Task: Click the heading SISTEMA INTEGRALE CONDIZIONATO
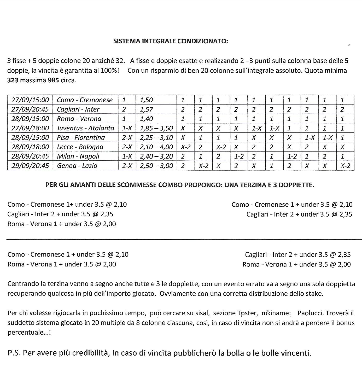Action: coord(171,41)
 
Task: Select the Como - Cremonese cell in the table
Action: coord(85,100)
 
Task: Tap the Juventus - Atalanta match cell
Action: coord(85,128)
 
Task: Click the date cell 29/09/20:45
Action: coord(30,166)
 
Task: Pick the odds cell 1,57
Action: coord(147,109)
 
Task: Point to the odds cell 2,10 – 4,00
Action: coord(156,147)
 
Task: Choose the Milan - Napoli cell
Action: coord(78,156)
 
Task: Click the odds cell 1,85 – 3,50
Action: coord(156,128)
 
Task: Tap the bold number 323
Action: coord(13,80)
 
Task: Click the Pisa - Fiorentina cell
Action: coord(81,137)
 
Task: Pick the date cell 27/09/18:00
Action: coord(30,128)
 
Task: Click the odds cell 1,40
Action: coord(147,119)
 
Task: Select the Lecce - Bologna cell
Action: coord(80,147)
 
